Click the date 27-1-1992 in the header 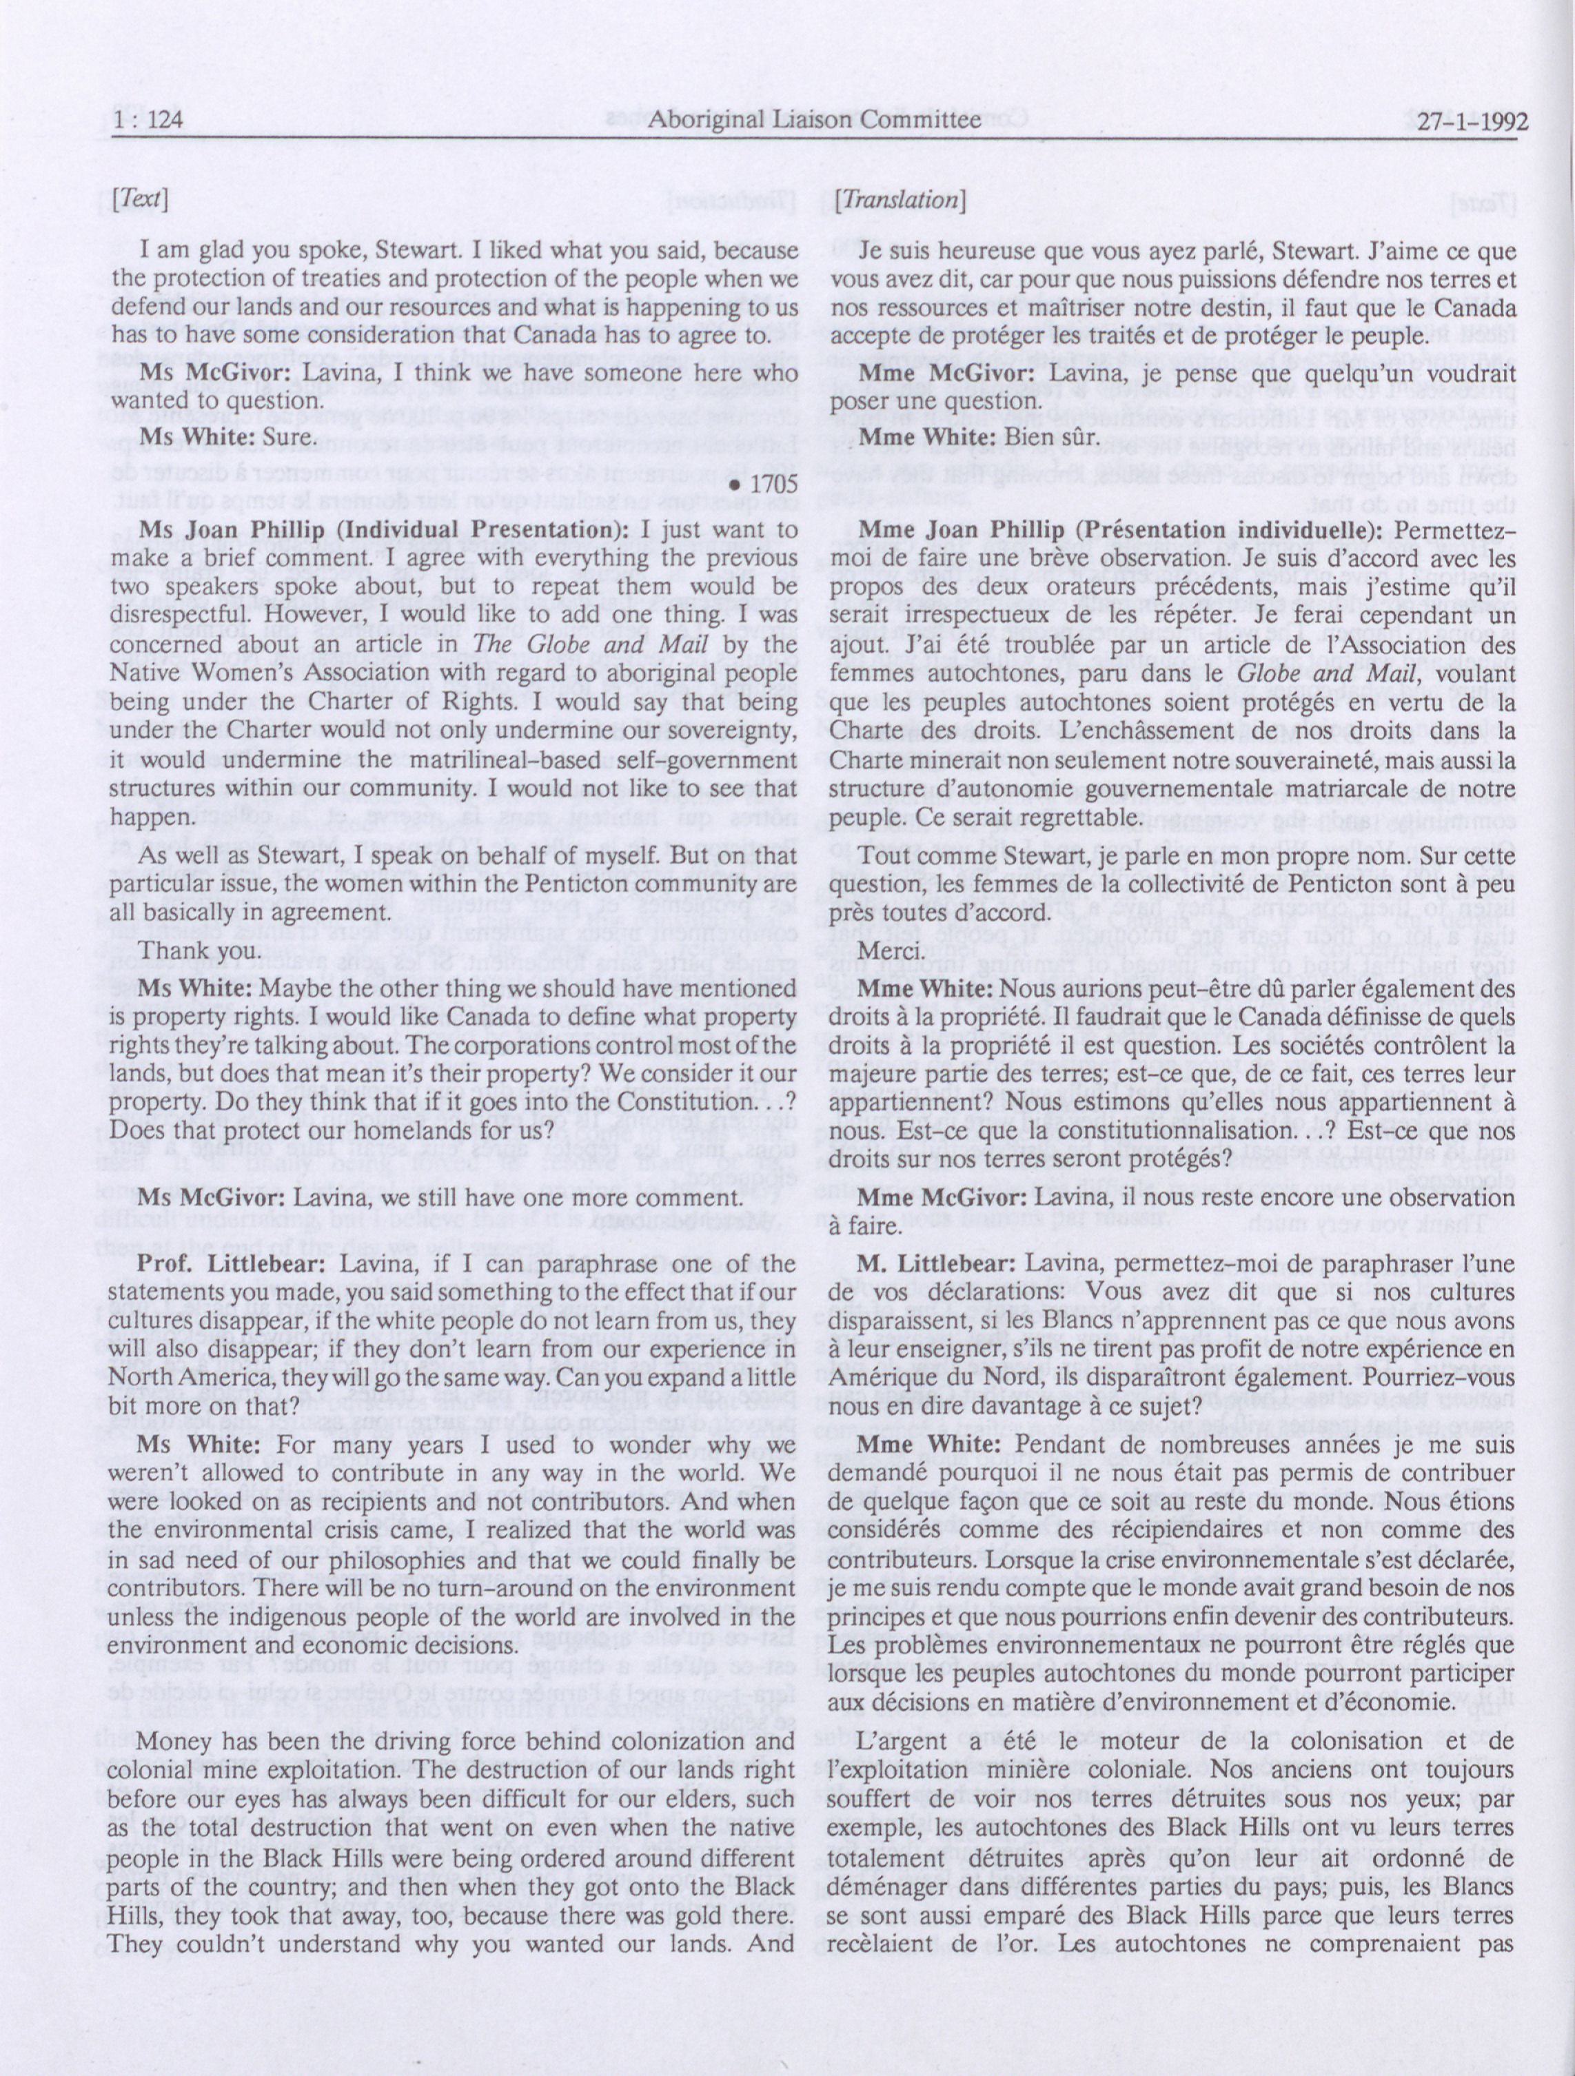pyautogui.click(x=1472, y=122)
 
